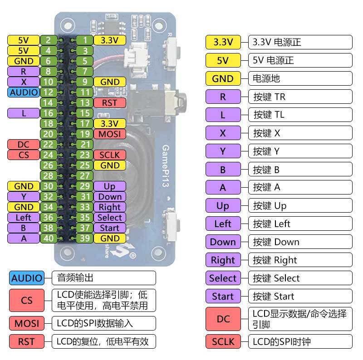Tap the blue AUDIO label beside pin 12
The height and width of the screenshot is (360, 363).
[x=24, y=92]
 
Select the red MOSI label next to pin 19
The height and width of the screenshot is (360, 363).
[x=109, y=134]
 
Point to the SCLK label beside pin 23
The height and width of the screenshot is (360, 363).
[x=109, y=155]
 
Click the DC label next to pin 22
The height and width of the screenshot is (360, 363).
[x=24, y=145]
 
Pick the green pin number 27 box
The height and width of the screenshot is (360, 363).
[x=84, y=175]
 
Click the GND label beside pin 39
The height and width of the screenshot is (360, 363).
[x=109, y=238]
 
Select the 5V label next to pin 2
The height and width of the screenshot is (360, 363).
[x=24, y=40]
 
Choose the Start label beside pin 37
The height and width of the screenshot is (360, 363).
[x=109, y=228]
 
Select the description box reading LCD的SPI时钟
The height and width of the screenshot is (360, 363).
[x=300, y=341]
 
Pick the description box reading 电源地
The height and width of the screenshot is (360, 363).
[x=300, y=78]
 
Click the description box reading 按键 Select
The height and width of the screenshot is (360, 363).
[x=300, y=278]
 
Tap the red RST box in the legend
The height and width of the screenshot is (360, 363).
[x=27, y=341]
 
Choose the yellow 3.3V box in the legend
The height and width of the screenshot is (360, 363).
[x=223, y=42]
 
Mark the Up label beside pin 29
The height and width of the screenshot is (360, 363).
[x=109, y=186]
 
